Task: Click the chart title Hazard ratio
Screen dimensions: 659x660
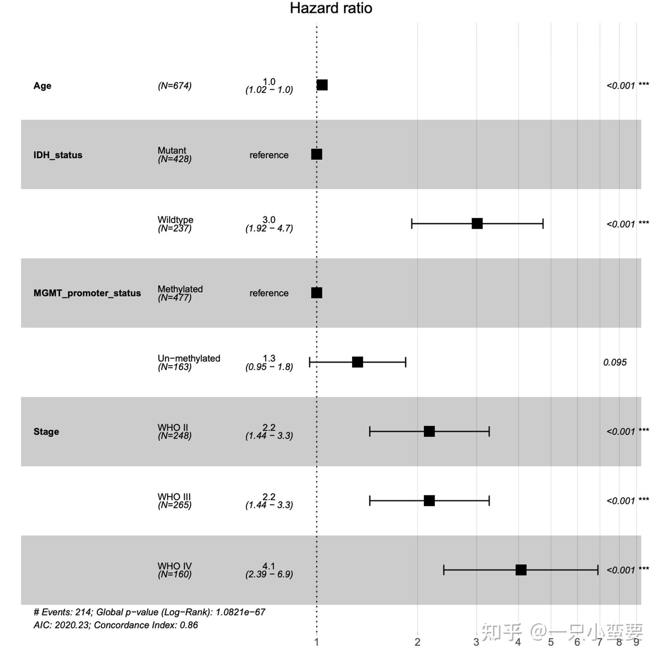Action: (331, 8)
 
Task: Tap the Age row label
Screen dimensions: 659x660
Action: (42, 86)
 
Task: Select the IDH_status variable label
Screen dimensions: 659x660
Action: (58, 155)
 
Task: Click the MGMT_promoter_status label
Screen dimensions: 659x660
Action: (87, 293)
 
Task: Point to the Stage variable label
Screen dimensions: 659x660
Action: (46, 432)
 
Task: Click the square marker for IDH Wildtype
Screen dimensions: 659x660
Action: (477, 224)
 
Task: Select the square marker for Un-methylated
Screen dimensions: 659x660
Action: (357, 362)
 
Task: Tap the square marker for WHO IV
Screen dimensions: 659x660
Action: (521, 570)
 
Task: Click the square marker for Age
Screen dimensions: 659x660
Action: (322, 85)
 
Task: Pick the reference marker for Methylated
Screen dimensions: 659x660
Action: (317, 293)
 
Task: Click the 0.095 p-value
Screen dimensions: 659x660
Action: (615, 362)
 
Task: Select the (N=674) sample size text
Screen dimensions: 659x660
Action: (175, 86)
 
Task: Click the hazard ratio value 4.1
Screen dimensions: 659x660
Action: (269, 566)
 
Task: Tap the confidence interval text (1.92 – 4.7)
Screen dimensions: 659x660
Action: (269, 228)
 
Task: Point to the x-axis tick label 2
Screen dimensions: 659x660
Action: (417, 642)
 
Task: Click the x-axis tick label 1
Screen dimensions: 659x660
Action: (317, 642)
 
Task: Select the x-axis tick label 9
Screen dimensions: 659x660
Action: (636, 642)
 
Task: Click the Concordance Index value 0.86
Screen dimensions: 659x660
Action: (189, 625)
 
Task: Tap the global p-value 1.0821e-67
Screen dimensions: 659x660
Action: (241, 612)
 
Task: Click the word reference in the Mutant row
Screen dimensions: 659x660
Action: (269, 155)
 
